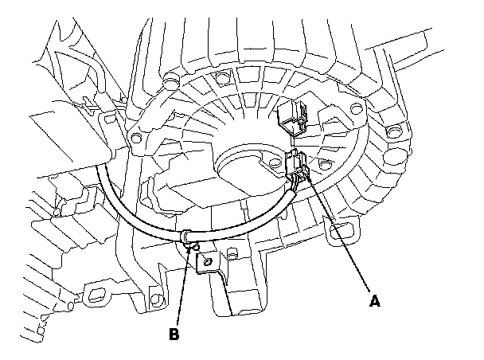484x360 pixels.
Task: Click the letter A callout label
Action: click(x=373, y=301)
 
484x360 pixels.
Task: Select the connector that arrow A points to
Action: click(x=297, y=165)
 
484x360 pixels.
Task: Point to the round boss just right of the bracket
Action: click(x=232, y=255)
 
